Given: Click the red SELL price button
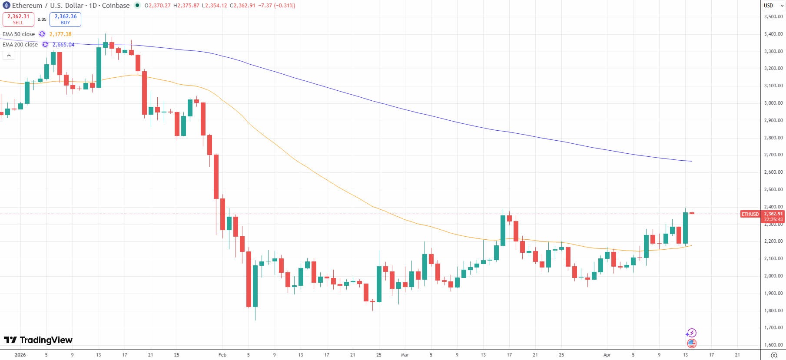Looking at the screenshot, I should point(18,19).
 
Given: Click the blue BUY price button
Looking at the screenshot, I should point(65,19).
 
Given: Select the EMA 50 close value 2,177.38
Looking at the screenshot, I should point(60,34).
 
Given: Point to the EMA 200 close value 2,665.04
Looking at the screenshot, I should point(63,44).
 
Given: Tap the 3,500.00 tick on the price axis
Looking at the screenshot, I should point(773,17).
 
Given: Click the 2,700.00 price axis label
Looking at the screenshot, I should point(773,155).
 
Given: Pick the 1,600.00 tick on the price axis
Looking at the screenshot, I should point(773,345).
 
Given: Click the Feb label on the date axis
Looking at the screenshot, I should point(222,355).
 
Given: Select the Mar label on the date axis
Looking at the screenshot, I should point(405,355).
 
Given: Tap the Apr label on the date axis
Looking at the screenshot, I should point(607,355).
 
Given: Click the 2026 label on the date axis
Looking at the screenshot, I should point(20,355).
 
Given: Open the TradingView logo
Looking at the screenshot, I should point(38,340).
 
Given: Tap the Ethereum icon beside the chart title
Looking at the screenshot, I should point(6,6).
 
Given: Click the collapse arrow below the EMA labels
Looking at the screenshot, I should point(9,55).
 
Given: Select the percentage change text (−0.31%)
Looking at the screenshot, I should point(284,6).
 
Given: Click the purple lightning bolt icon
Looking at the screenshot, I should point(691,333).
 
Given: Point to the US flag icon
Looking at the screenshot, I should point(691,343).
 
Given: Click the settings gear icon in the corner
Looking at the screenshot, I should point(773,355).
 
